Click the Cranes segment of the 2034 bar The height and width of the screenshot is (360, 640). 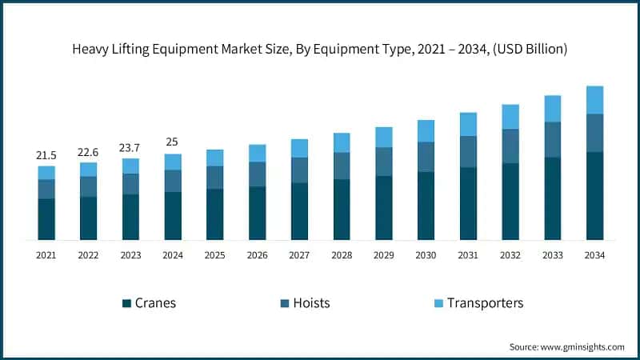(x=594, y=195)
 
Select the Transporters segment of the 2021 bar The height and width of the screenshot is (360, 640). (x=46, y=172)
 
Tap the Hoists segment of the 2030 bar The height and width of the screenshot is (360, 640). (x=426, y=157)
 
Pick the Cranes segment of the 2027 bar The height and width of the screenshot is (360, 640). (x=299, y=211)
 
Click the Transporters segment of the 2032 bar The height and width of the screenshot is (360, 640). (x=510, y=117)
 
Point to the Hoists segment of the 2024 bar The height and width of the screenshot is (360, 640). (x=173, y=181)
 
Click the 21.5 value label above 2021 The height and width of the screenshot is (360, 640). (x=46, y=154)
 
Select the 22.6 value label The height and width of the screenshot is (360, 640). (x=89, y=151)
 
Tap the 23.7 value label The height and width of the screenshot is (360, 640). (x=130, y=147)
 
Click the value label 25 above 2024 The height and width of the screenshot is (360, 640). (x=173, y=142)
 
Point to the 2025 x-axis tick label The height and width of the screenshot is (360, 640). (x=215, y=255)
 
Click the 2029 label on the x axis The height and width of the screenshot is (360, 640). (x=383, y=255)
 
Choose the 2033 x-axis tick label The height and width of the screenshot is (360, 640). (x=552, y=255)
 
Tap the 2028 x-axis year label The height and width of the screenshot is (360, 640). (x=342, y=255)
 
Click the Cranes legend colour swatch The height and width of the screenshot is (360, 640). (x=126, y=303)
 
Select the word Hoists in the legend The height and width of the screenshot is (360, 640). (x=312, y=303)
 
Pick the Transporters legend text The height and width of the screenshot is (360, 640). (x=485, y=303)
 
